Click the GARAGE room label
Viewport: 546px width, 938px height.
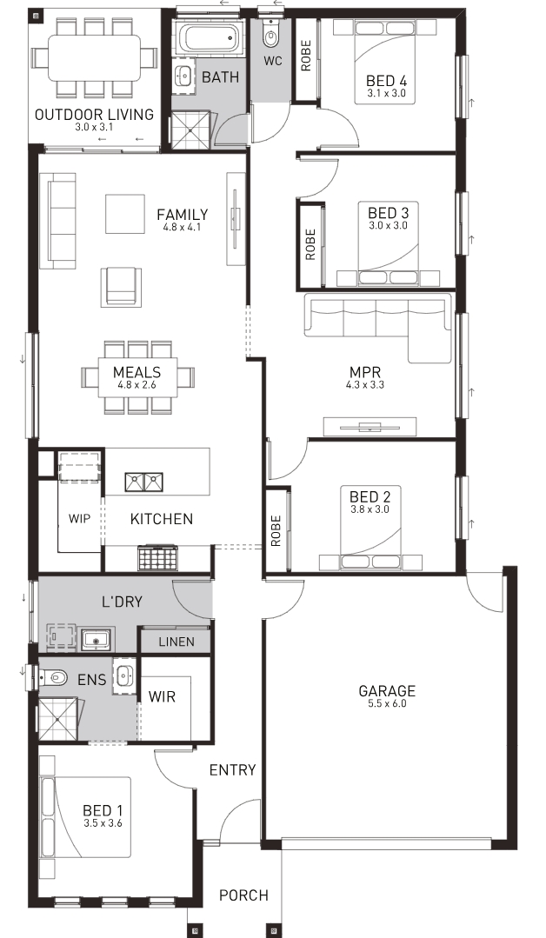386,691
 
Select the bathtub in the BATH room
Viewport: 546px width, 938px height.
209,37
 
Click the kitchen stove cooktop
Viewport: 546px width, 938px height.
158,557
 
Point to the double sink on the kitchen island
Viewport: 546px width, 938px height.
144,482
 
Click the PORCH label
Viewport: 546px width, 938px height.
243,895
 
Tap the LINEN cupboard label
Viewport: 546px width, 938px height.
176,642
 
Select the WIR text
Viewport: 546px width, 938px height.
162,696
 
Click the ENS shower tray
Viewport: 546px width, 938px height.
58,718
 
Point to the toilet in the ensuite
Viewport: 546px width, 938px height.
53,678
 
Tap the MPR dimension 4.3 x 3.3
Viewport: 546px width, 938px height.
365,385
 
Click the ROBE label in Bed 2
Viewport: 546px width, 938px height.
276,530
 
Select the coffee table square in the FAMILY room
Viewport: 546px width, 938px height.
125,214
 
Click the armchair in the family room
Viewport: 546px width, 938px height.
122,287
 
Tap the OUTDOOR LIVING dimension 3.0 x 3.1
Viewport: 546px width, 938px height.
94,127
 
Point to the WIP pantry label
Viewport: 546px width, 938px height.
79,518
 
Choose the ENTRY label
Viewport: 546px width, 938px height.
233,770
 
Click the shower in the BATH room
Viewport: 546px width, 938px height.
191,130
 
